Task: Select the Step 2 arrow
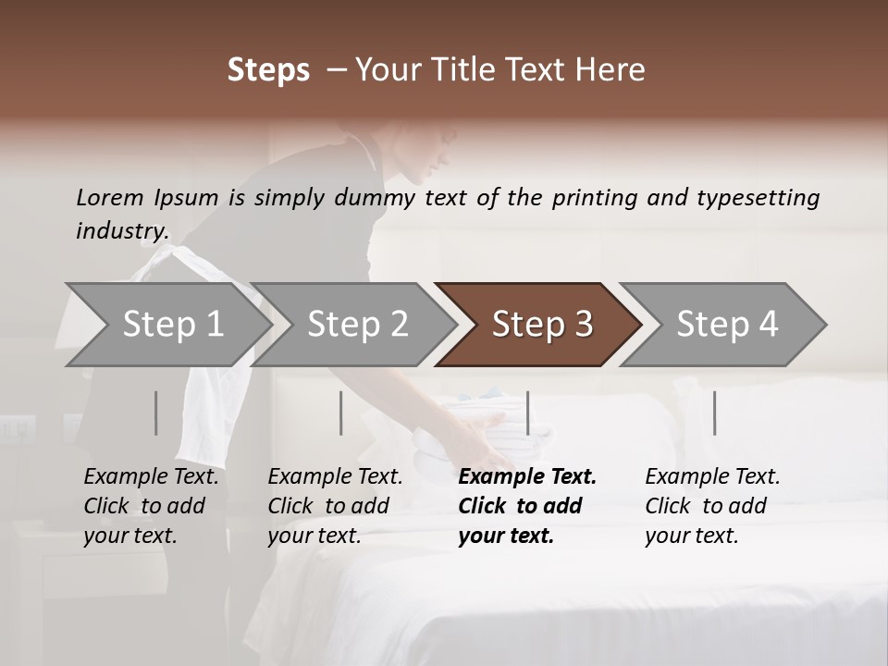(x=357, y=325)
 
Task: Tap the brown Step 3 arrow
(x=542, y=325)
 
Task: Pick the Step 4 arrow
(x=727, y=325)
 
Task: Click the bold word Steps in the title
(x=268, y=70)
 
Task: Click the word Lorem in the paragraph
(x=110, y=197)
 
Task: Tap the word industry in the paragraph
(x=122, y=230)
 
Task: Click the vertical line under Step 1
(x=155, y=413)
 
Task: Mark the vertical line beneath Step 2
(x=341, y=413)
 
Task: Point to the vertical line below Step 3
(x=527, y=413)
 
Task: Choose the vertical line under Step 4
(x=714, y=413)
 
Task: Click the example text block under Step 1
(x=151, y=506)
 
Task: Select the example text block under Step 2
(x=335, y=506)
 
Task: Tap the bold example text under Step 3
(x=527, y=506)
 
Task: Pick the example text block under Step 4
(x=712, y=506)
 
